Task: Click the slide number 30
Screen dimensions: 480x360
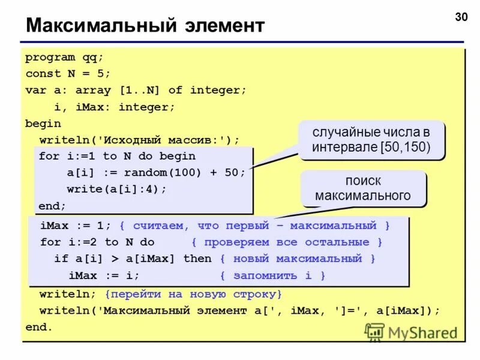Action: point(461,16)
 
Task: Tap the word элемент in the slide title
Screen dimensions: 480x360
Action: point(221,26)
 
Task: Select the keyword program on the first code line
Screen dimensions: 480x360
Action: point(50,58)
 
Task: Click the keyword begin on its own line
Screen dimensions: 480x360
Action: point(43,123)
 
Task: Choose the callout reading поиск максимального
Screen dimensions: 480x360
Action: point(363,188)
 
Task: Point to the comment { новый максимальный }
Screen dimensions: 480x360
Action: point(298,259)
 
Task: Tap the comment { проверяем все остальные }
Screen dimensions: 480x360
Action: point(287,242)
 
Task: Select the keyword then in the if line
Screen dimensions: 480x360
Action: point(197,259)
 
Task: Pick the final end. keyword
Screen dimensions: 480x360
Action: point(40,328)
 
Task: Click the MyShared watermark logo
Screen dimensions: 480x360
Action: point(412,332)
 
